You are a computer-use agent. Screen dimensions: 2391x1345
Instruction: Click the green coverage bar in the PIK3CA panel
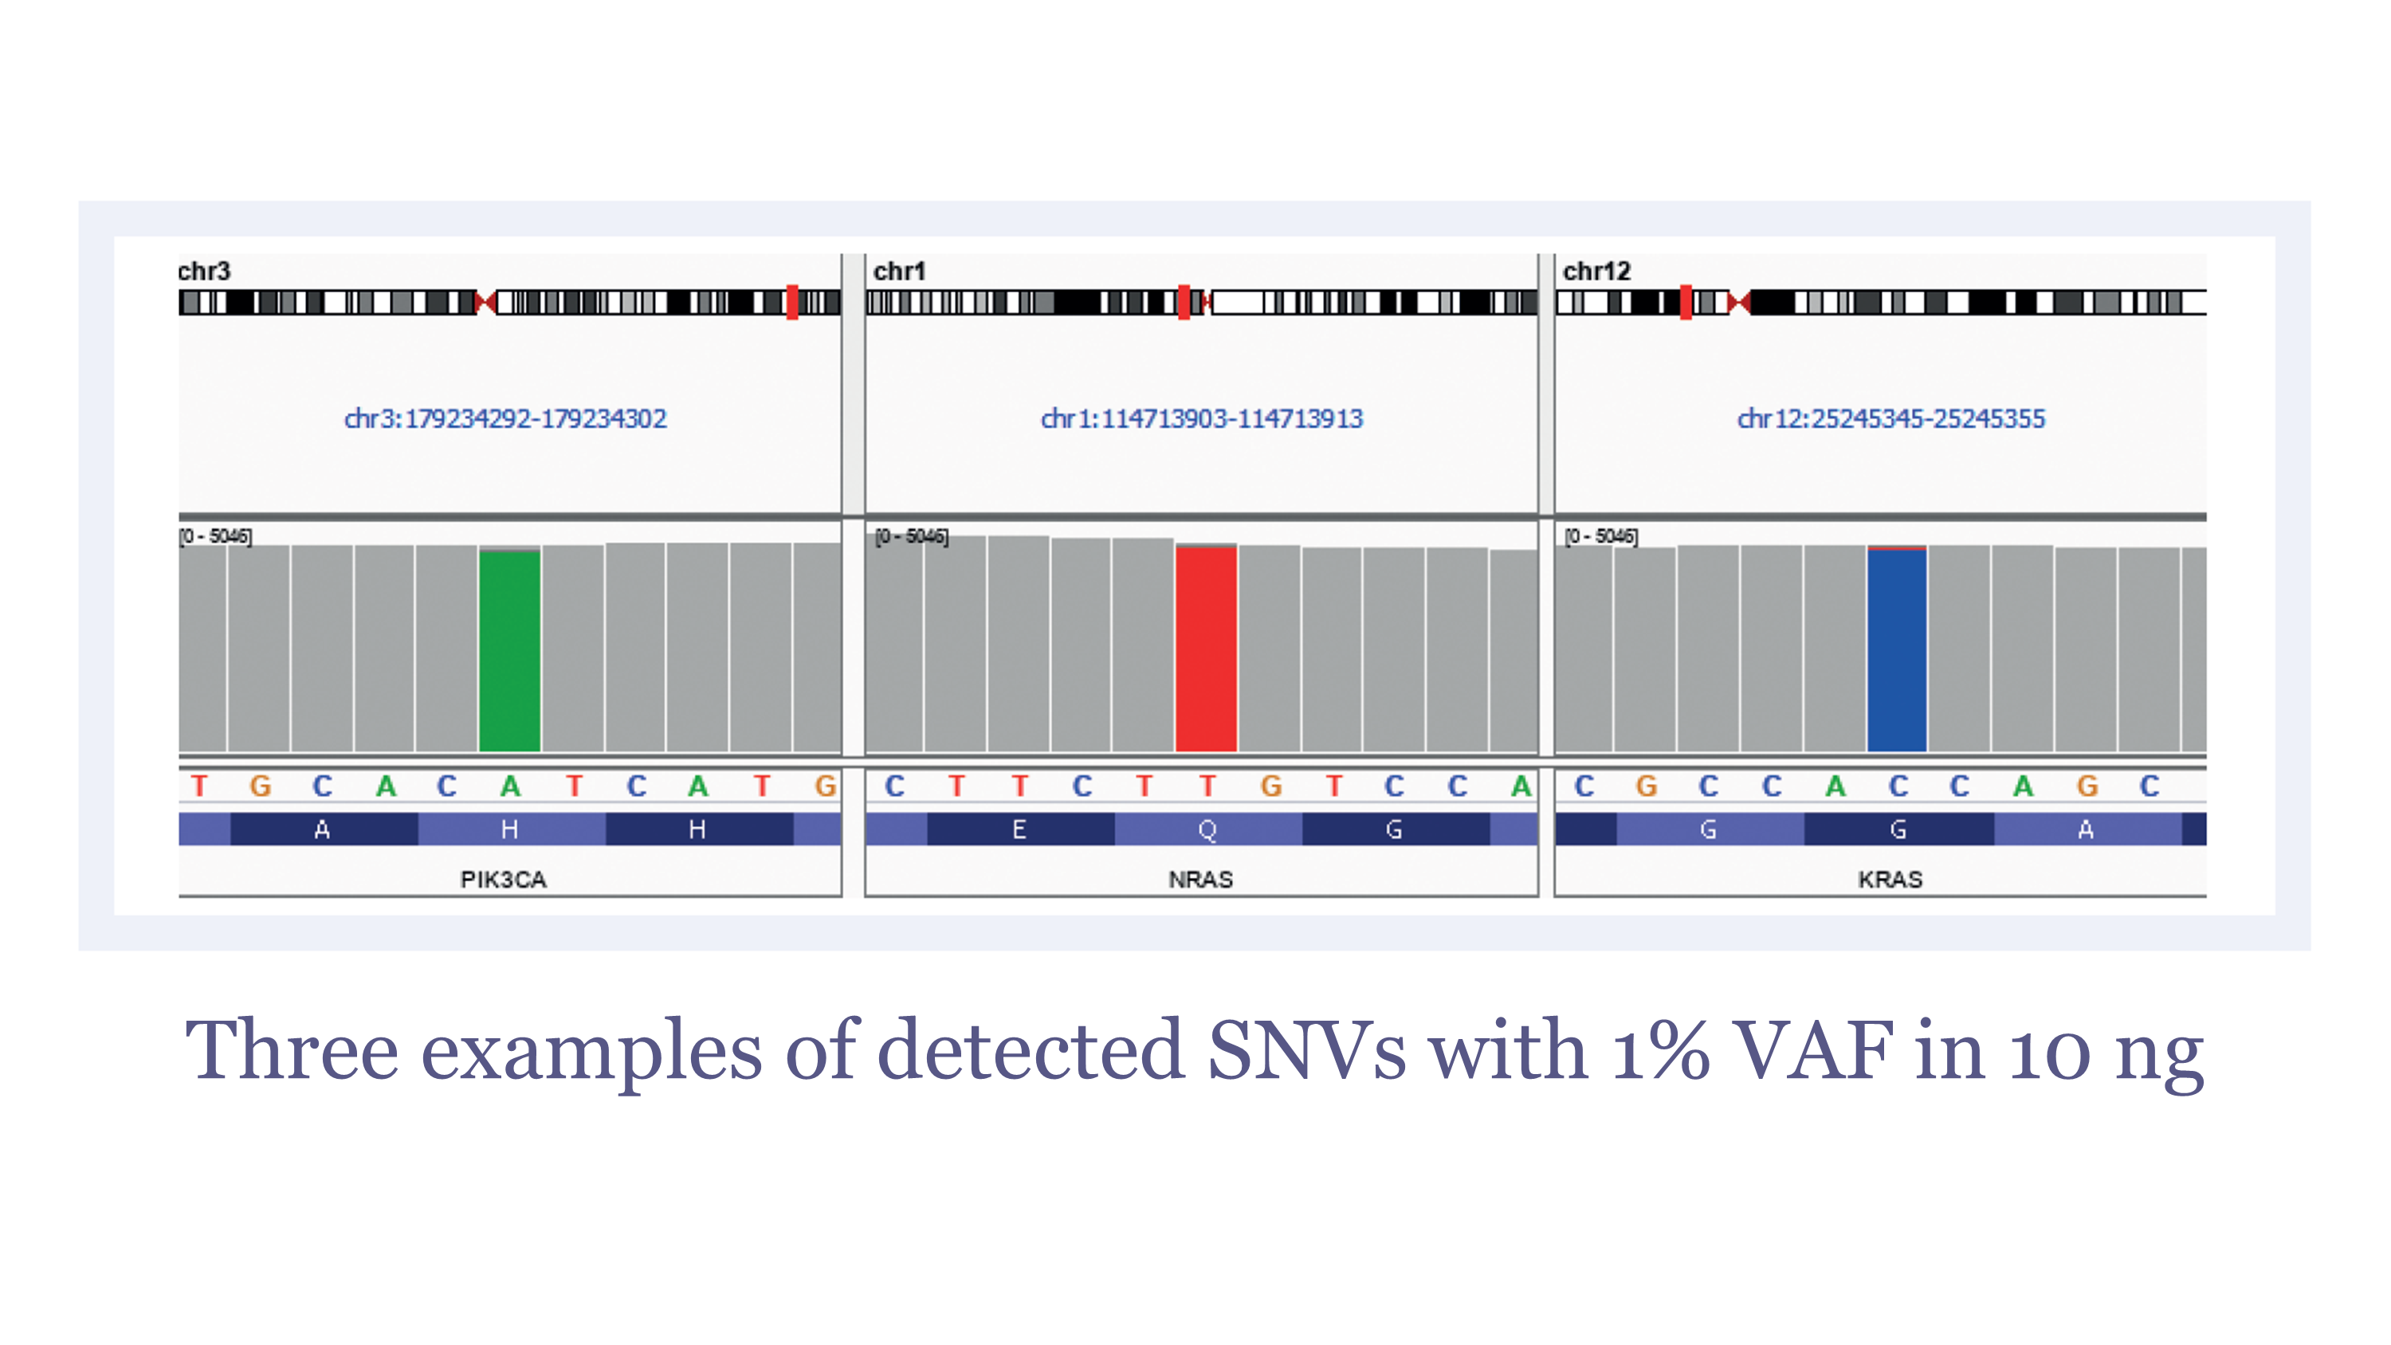point(509,649)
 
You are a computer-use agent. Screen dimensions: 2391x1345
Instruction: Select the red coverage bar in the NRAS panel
point(1206,648)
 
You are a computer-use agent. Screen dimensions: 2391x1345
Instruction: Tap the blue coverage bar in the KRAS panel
point(1897,649)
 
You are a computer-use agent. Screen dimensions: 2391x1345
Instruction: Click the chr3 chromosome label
point(204,271)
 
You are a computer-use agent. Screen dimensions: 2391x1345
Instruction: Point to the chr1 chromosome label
point(899,271)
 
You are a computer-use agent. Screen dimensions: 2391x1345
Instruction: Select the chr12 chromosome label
point(1596,271)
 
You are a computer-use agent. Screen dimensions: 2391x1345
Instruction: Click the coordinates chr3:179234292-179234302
point(506,418)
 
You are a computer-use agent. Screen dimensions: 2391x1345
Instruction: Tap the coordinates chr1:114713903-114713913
point(1202,418)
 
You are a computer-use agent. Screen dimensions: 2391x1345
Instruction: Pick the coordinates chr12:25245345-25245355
point(1891,418)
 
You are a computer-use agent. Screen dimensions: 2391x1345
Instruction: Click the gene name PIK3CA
point(504,879)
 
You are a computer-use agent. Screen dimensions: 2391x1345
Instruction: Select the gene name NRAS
point(1201,879)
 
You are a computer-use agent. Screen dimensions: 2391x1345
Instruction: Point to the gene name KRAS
point(1890,879)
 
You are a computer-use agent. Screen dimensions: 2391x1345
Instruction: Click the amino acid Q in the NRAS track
point(1207,829)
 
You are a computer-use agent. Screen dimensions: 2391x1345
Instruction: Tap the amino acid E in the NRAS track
point(1019,829)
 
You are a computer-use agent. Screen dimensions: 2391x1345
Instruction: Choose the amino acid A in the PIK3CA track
point(322,829)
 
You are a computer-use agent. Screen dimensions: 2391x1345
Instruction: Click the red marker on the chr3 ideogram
point(791,303)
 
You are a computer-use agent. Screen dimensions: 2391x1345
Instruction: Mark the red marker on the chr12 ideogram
point(1686,303)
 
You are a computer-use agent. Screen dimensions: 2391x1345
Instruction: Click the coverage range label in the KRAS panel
point(1601,535)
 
